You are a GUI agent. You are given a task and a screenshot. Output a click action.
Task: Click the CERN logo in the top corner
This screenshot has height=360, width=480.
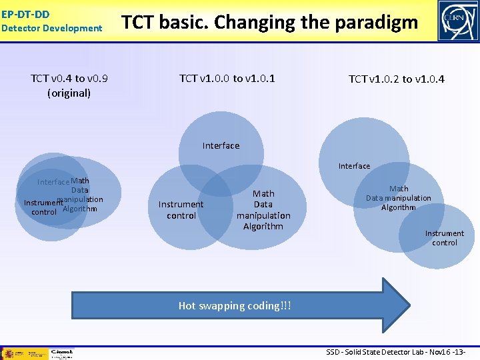tap(457, 21)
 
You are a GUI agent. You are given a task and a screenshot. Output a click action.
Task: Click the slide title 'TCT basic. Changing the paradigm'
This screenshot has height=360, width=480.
tap(269, 23)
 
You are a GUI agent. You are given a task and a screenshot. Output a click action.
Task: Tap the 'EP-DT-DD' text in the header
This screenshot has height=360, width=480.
tap(25, 14)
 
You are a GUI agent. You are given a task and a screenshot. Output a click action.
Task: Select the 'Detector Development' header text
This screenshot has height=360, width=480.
tap(52, 28)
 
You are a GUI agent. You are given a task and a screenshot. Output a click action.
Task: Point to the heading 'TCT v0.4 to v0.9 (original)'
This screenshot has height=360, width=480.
tap(69, 85)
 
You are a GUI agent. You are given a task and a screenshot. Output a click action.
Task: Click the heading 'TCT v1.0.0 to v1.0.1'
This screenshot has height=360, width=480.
tap(227, 79)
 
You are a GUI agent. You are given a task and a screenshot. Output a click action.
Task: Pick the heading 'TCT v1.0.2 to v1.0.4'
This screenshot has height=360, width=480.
tap(397, 79)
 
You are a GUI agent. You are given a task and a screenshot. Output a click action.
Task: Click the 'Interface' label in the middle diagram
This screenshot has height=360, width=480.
tap(221, 145)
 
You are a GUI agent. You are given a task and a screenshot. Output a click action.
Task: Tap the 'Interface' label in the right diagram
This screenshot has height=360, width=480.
tap(354, 166)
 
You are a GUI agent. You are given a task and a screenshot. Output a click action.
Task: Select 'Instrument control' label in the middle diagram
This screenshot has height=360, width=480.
tap(181, 210)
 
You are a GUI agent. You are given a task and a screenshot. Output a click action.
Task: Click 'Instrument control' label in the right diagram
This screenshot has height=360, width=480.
tap(444, 238)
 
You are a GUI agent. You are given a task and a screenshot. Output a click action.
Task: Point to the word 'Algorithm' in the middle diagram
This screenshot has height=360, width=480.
tap(263, 227)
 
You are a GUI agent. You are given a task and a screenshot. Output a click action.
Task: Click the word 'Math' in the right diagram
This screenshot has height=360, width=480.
tap(399, 189)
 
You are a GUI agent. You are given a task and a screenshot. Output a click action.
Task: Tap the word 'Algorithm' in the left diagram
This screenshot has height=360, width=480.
tap(79, 209)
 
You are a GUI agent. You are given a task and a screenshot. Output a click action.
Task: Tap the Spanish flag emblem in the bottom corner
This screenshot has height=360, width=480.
tap(12, 353)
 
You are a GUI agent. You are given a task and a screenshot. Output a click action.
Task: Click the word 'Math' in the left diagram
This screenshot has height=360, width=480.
tap(80, 181)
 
